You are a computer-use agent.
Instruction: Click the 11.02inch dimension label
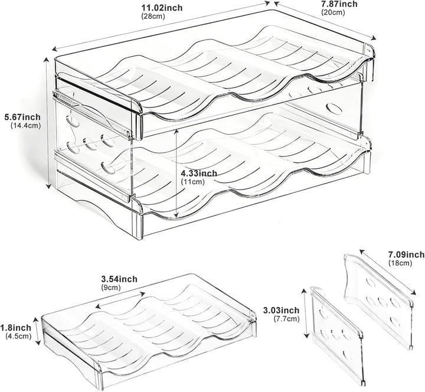click(x=162, y=8)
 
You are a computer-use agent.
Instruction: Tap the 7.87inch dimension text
click(x=339, y=4)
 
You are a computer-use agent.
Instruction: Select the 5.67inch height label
click(x=22, y=117)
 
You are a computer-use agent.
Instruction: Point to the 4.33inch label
click(x=199, y=173)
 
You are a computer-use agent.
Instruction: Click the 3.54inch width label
click(x=119, y=279)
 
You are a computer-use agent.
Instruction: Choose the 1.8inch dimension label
click(x=16, y=328)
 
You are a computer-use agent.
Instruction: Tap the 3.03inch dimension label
click(x=282, y=310)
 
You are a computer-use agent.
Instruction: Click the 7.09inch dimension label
click(x=407, y=254)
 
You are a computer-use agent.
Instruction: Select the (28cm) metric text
click(x=153, y=17)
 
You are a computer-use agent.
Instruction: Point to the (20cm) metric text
click(x=333, y=12)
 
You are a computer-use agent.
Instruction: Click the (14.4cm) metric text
click(x=26, y=126)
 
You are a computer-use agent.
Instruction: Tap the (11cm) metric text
click(x=192, y=182)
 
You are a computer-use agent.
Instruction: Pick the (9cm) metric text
click(x=111, y=288)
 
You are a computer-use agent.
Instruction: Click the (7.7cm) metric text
click(x=287, y=319)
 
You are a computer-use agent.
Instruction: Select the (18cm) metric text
click(x=400, y=263)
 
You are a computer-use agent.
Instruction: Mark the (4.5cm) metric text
click(x=18, y=336)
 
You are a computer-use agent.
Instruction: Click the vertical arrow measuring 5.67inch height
click(x=47, y=123)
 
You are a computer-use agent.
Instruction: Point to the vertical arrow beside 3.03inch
click(x=305, y=313)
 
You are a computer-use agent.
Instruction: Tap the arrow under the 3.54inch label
click(x=120, y=300)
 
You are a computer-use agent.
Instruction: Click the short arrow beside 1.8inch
click(x=37, y=331)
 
